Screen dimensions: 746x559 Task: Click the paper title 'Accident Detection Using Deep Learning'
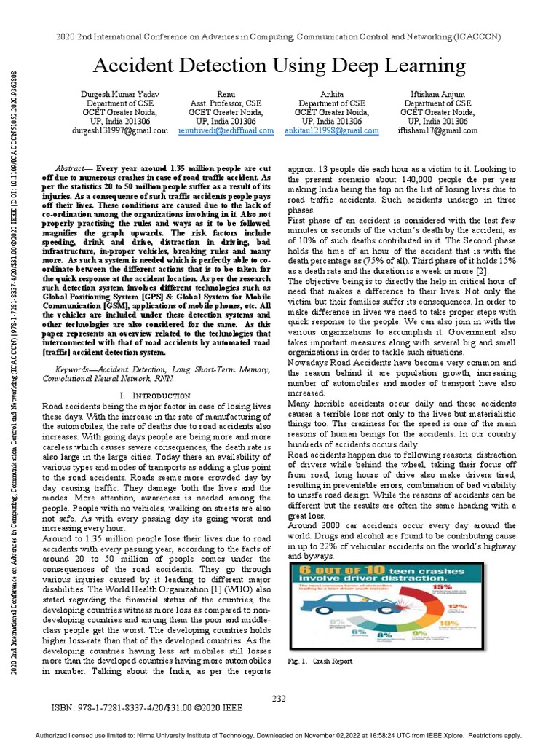coord(279,66)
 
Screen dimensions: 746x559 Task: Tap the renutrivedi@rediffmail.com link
coord(226,131)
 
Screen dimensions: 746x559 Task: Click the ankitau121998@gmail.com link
coord(332,131)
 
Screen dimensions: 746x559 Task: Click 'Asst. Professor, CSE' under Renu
coord(226,103)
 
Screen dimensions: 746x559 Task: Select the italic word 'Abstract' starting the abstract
coord(71,168)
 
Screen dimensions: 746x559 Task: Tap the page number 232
coord(279,699)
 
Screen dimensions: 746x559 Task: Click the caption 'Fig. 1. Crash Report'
coord(320,661)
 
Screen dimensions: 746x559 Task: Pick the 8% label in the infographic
coord(384,635)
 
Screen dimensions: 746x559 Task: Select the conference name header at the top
coord(279,37)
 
